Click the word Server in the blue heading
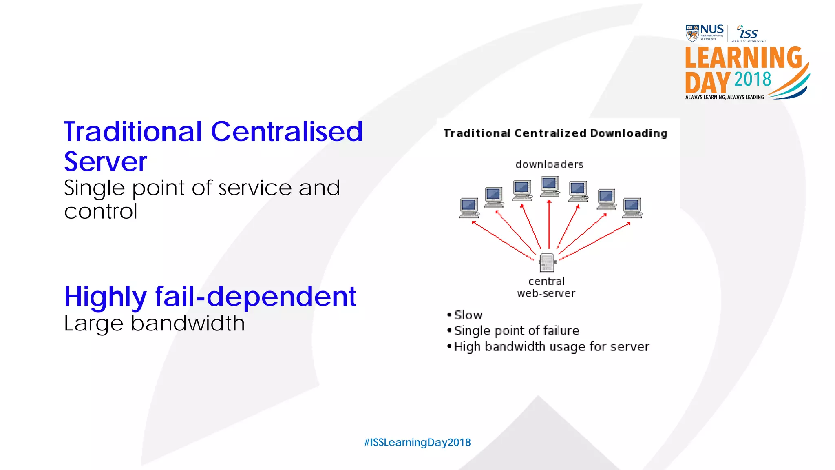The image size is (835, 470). tap(105, 162)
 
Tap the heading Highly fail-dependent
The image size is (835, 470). tap(210, 296)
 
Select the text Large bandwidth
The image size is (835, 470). tap(154, 324)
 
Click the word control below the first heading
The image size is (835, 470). tap(100, 211)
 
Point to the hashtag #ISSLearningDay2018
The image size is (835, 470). tap(417, 442)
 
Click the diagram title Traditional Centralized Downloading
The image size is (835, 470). tap(555, 133)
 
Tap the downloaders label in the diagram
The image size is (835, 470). tap(549, 165)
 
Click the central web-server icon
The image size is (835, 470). tap(547, 262)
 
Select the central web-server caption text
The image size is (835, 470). tap(546, 287)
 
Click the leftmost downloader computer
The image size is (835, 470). tap(469, 208)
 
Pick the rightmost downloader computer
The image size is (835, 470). tap(632, 208)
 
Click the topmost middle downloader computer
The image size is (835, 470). tap(549, 186)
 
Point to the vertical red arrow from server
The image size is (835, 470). tap(549, 224)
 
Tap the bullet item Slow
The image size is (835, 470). tap(468, 315)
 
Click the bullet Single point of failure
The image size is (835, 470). tap(516, 330)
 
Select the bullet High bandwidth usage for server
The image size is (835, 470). tap(551, 346)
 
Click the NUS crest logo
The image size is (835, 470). tap(692, 33)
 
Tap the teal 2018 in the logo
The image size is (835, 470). tap(752, 79)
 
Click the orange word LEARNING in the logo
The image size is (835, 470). tap(743, 58)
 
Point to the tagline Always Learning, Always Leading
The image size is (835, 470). tap(724, 97)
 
